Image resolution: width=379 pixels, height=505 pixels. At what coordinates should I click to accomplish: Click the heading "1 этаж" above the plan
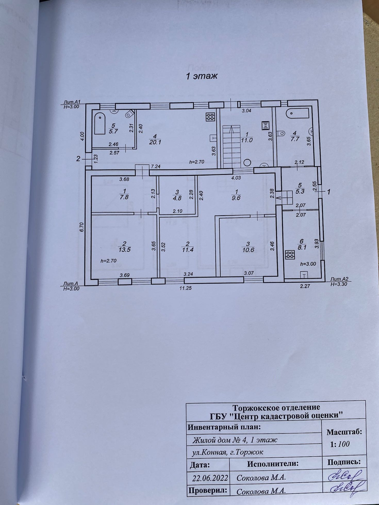point(202,76)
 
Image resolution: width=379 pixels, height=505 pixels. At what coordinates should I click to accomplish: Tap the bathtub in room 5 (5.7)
point(100,123)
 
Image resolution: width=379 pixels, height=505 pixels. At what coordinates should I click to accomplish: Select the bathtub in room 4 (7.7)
point(298,113)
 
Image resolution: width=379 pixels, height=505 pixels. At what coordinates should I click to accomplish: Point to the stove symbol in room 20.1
point(210,117)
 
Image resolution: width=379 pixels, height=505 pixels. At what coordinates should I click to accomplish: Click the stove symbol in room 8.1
point(290,255)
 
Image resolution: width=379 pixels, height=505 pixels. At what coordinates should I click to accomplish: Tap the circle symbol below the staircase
point(247,163)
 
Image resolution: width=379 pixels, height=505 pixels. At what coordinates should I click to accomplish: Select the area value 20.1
point(155,142)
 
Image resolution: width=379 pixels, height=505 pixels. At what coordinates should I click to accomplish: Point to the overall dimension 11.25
point(186,288)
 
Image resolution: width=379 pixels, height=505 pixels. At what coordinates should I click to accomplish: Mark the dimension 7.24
point(156,167)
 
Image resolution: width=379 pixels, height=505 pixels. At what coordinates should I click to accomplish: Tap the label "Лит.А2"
point(339,279)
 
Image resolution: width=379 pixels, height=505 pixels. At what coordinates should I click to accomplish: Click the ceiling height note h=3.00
point(308,264)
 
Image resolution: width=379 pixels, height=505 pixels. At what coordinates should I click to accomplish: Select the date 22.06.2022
point(210,478)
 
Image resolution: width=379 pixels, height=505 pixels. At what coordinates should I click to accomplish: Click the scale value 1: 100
point(340,444)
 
